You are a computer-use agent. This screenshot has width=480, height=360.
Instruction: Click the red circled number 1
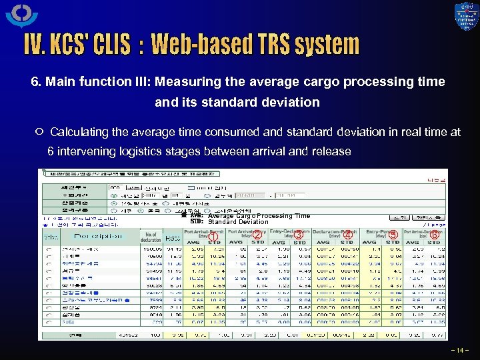pos(213,237)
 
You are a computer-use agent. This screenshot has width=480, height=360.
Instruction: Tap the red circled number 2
pos(257,235)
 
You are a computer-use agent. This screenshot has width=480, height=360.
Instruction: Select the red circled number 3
pos(299,235)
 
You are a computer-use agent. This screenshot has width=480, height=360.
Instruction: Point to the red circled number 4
pos(348,235)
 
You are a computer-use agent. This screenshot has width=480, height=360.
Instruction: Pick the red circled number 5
pos(393,235)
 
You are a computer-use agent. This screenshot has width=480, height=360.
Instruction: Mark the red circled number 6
pos(434,235)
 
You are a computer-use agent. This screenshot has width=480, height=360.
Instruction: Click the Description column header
pos(98,236)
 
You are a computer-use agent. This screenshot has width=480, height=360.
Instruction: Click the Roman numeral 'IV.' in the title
pos(33,45)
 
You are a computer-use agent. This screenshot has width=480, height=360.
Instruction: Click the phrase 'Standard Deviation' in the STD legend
pos(238,222)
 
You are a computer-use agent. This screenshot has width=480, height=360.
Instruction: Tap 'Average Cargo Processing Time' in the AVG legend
pos(259,216)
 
